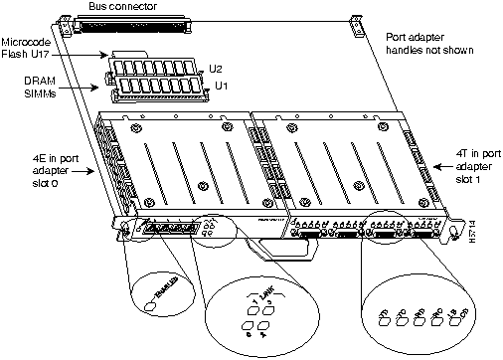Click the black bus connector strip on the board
point(158,23)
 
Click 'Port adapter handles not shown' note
point(430,42)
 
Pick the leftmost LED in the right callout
point(384,298)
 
